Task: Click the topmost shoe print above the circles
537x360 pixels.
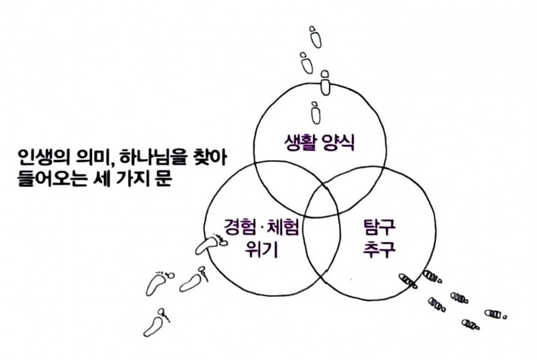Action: [x=315, y=36]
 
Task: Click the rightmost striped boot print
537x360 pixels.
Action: [x=495, y=314]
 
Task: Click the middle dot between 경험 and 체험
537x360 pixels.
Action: [x=261, y=228]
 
